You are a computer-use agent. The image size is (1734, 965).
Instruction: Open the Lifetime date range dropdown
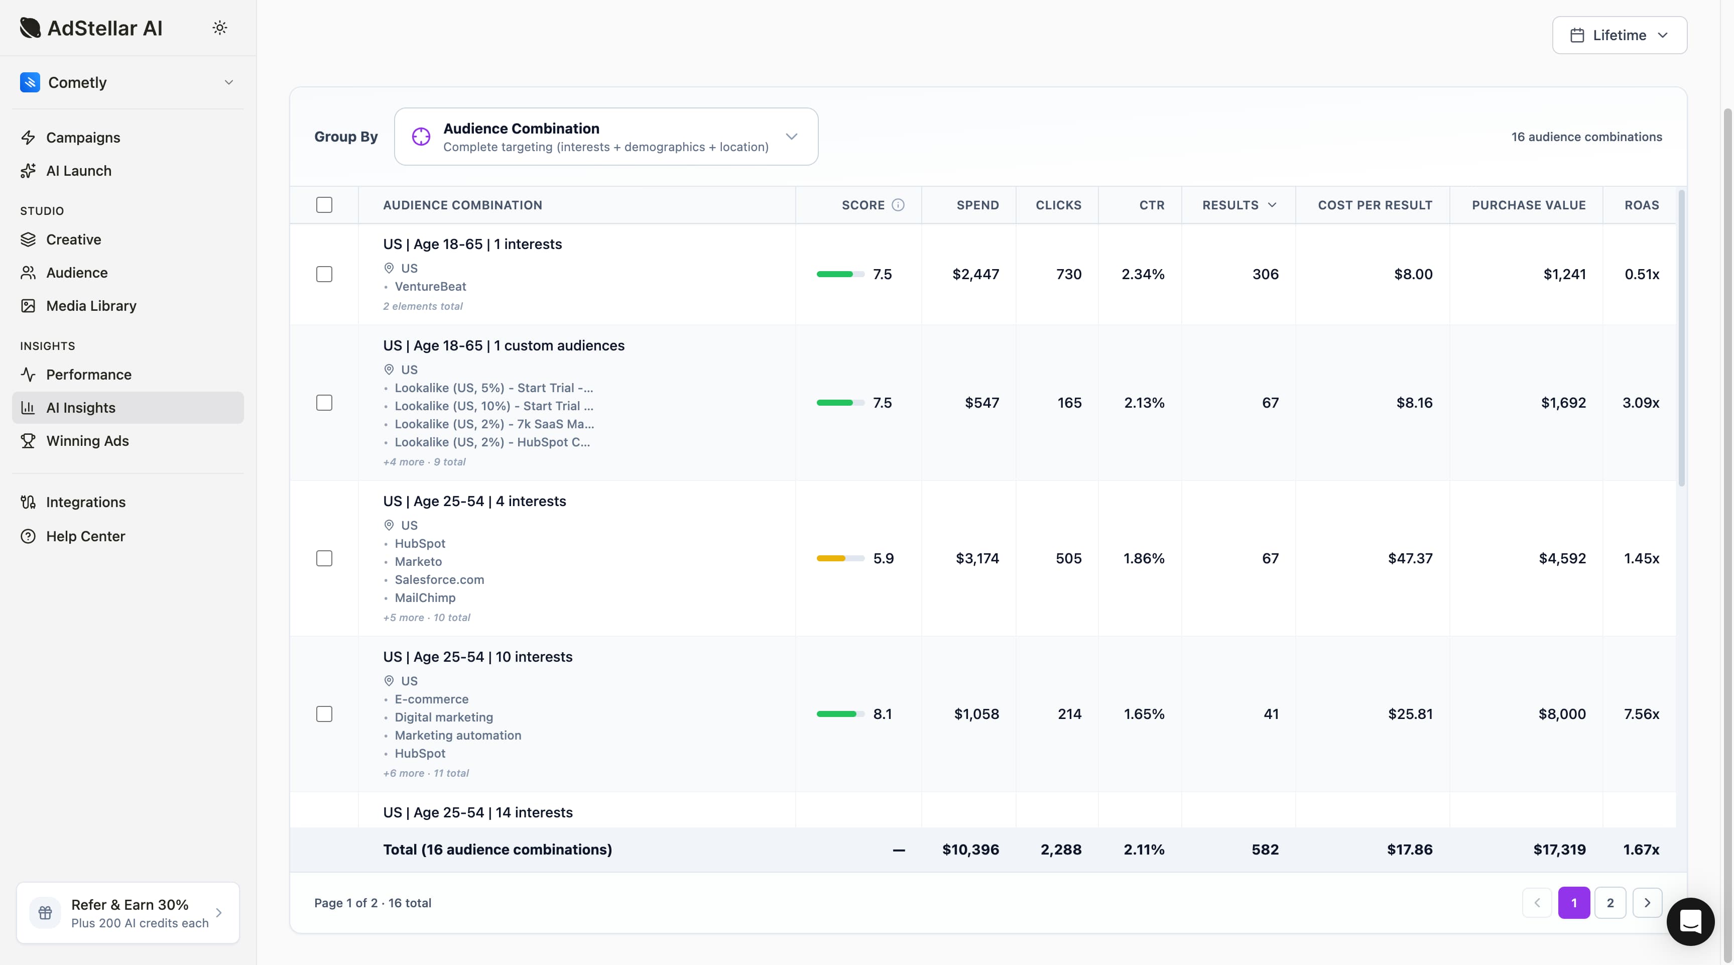[x=1619, y=35]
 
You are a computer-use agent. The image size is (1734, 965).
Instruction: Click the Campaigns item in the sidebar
[x=83, y=138]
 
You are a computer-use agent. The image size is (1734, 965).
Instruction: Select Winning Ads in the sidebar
[x=87, y=441]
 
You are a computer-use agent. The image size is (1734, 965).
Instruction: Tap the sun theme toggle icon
[x=219, y=28]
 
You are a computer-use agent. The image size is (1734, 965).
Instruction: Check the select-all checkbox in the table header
[x=324, y=205]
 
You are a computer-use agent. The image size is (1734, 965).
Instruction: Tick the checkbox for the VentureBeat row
[x=324, y=274]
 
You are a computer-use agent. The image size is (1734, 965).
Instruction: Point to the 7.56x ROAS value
[x=1641, y=714]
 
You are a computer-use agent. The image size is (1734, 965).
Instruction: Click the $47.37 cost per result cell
[x=1410, y=558]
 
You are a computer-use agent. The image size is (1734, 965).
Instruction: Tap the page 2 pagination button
[x=1609, y=903]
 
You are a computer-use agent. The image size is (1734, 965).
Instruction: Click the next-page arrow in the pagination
[x=1647, y=903]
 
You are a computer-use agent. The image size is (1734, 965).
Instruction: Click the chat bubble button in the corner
[x=1690, y=921]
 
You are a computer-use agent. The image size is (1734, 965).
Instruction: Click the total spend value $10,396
[x=970, y=850]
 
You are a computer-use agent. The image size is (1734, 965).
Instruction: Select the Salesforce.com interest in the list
[x=439, y=580]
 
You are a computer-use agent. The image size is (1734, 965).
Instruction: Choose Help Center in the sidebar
[x=85, y=537]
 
